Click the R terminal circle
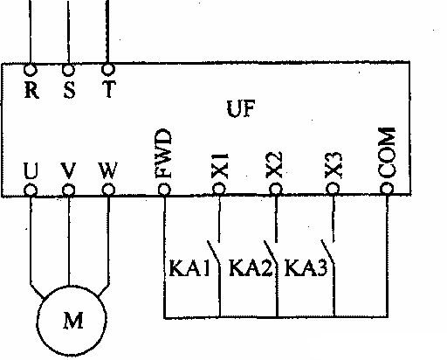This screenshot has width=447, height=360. pos(30,70)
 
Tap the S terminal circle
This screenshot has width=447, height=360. pos(68,70)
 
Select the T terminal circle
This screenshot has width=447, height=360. pos(108,70)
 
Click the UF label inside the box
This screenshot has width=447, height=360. pos(241,108)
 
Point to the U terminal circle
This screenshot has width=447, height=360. pos(31,190)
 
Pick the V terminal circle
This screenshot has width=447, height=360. pos(69,190)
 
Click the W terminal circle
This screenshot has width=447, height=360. pos(108,190)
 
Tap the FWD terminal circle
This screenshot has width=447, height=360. pos(164,190)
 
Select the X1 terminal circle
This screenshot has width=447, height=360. pos(219,189)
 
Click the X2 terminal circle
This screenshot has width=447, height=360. pos(276,190)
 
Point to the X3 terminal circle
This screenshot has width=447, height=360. pos(333,189)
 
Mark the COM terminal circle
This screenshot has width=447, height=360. pos(387,189)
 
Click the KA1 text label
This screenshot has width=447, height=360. pos(189,268)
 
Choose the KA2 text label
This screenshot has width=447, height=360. pos(251,268)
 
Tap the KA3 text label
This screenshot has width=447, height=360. pos(306,268)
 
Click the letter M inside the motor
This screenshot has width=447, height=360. pos(73,321)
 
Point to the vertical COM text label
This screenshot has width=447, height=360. pos(387,153)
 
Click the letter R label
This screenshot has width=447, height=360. pos(31,90)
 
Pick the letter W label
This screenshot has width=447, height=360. pos(108,170)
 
